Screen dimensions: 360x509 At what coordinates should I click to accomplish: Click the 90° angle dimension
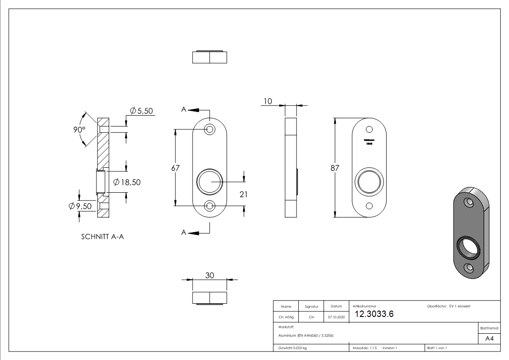click(x=79, y=130)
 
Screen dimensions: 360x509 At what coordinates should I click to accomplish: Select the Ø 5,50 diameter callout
click(x=141, y=111)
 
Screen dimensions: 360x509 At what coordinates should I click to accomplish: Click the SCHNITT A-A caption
click(x=102, y=236)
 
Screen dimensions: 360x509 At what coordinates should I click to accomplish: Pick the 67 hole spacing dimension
click(x=175, y=168)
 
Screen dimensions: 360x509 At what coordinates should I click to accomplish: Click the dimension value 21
click(x=243, y=194)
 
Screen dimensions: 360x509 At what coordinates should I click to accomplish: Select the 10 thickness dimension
click(x=268, y=101)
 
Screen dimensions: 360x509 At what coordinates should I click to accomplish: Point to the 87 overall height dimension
click(x=335, y=168)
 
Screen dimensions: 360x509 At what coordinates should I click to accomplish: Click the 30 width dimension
click(x=209, y=275)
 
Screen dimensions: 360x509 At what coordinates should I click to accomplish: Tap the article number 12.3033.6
click(x=374, y=314)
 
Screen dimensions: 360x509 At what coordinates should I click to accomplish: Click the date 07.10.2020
click(x=336, y=317)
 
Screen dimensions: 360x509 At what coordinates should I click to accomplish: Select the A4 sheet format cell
click(x=489, y=339)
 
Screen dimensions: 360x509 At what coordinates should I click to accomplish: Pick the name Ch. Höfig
click(x=286, y=317)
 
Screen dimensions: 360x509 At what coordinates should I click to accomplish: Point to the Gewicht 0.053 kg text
click(x=292, y=348)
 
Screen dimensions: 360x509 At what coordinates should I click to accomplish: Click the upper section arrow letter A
click(x=184, y=109)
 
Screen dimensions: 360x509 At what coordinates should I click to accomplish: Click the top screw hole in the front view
click(x=210, y=129)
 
